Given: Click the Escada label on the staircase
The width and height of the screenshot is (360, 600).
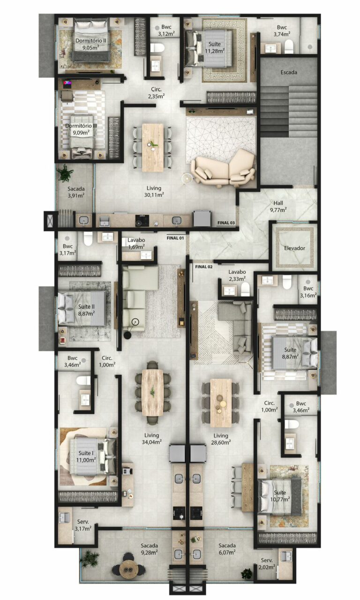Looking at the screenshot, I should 289,72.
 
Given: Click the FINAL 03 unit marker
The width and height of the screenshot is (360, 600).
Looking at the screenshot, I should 226,223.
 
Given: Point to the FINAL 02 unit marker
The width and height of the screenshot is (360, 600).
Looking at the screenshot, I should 203,266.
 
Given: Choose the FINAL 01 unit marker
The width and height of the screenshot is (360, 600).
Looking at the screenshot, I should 175,238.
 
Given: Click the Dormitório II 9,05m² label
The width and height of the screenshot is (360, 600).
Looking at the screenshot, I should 90,44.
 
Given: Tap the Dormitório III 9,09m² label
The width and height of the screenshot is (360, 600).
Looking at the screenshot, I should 81,129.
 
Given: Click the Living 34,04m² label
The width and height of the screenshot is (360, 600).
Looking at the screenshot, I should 151,438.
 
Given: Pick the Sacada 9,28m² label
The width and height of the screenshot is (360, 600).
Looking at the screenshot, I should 149,549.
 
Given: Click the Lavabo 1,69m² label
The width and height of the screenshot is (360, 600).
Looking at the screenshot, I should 136,243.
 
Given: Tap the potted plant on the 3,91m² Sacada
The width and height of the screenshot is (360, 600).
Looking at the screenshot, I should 65,174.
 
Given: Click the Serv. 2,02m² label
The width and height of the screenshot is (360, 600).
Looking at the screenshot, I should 267,564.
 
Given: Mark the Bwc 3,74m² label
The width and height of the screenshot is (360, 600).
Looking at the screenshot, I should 282,30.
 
